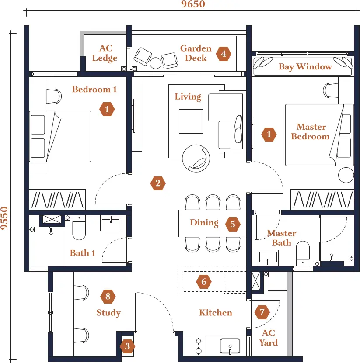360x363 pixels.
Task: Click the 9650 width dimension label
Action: coord(193,4)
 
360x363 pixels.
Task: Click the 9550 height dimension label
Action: coord(4,218)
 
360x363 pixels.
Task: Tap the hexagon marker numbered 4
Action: coord(224,54)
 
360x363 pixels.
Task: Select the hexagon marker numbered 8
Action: coord(108,296)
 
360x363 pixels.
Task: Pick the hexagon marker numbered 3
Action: coord(127,346)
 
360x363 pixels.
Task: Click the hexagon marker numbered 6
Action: coord(203,282)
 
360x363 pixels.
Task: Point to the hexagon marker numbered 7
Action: coord(262,312)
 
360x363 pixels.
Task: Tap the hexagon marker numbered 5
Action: coord(233,224)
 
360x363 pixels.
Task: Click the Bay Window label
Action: coord(305,67)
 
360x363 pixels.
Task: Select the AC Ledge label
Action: coord(105,53)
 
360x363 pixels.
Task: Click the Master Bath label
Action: coord(282,238)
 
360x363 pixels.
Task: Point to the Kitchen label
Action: coord(216,312)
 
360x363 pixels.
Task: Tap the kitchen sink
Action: coord(230,346)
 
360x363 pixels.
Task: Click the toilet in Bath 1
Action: coord(79,228)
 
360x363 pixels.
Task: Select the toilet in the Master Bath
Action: coord(303,253)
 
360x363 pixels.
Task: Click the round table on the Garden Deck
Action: coord(155,63)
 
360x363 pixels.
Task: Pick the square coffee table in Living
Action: coord(191,121)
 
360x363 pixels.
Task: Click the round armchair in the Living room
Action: coord(196,159)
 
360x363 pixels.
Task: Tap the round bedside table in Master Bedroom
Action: coord(346,175)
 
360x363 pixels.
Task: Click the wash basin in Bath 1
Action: coord(111,223)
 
